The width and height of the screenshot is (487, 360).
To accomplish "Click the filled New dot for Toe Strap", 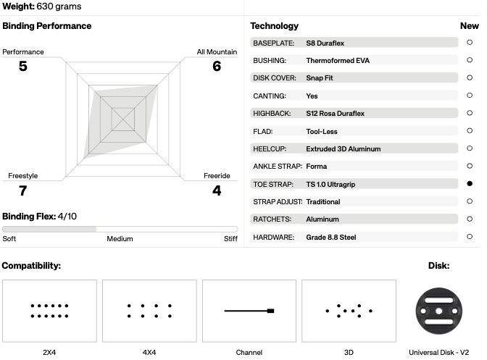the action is [470, 184].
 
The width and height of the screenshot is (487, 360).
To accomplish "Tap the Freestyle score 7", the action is [23, 191].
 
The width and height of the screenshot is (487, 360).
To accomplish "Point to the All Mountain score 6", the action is [217, 66].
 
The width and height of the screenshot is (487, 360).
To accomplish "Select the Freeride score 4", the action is [217, 191].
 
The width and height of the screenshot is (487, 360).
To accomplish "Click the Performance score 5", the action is [23, 66].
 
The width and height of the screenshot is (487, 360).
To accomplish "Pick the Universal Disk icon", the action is [439, 311].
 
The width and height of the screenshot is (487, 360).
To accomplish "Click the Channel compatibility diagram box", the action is [249, 311].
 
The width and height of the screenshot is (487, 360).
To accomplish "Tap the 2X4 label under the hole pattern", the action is [49, 353].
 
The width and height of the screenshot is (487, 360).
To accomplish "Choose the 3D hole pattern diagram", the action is [349, 311].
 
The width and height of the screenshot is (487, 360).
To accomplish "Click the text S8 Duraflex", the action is [325, 43].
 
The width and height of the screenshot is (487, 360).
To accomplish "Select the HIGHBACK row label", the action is [272, 114].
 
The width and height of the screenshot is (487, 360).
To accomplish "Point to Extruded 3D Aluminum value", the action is [344, 149].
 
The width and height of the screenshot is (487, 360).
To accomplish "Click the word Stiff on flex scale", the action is [230, 238].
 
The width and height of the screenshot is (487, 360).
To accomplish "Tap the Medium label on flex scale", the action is [120, 238].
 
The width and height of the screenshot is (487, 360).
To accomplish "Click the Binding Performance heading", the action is [47, 26].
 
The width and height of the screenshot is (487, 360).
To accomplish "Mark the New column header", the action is [470, 26].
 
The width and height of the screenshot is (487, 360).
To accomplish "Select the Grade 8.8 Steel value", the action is [331, 238].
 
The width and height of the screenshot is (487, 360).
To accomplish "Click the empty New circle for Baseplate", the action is [470, 42].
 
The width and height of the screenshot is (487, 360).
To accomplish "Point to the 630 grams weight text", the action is [59, 7].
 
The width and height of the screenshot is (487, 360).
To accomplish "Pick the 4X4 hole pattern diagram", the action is [149, 311].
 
